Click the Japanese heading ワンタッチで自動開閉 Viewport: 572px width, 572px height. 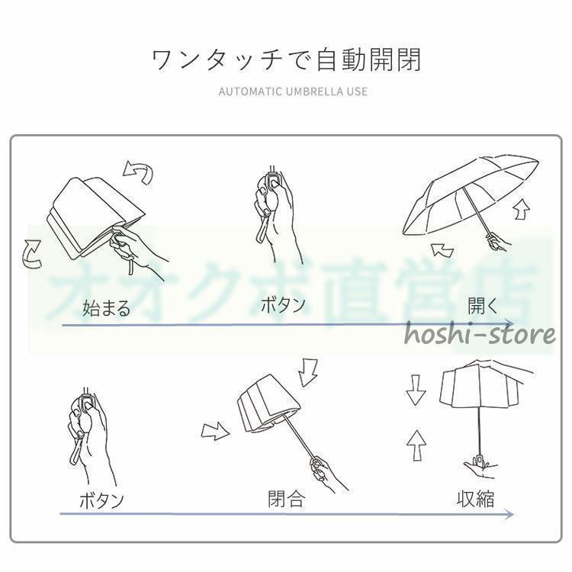click(286, 59)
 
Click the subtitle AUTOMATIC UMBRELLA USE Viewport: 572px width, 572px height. click(293, 92)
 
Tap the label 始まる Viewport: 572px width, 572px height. click(106, 308)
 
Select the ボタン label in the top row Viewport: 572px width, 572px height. click(283, 304)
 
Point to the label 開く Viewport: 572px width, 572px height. click(483, 306)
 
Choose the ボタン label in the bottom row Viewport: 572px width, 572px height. click(101, 500)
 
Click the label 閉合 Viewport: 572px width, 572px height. click(286, 499)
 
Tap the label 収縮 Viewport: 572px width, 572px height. click(476, 499)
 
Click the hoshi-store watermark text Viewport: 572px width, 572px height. click(480, 335)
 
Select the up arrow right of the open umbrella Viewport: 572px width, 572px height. click(522, 209)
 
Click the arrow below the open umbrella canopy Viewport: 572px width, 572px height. click(442, 251)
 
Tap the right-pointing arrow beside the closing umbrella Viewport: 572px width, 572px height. click(215, 431)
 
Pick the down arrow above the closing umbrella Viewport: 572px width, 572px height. click(307, 373)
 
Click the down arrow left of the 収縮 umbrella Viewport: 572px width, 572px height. click(416, 390)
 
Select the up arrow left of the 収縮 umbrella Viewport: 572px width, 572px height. click(416, 445)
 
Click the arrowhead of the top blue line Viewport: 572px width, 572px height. click(509, 323)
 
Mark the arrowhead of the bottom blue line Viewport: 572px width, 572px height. click(509, 514)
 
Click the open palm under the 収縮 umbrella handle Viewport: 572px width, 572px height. click(480, 469)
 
